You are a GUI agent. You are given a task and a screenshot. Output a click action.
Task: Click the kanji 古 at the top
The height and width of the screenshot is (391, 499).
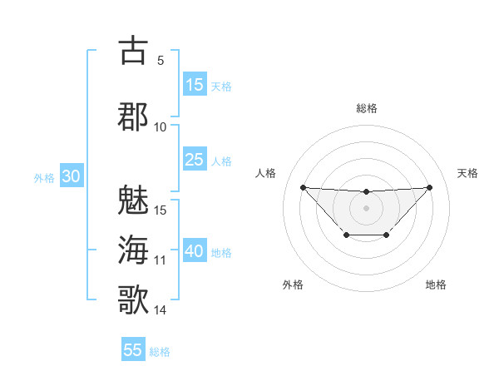click(133, 51)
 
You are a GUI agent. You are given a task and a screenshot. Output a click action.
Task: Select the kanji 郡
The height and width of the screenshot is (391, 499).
click(133, 116)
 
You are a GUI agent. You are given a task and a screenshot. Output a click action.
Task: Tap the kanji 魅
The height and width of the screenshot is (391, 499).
click(133, 200)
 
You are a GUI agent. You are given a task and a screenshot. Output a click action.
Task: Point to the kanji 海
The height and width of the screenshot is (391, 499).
click(133, 250)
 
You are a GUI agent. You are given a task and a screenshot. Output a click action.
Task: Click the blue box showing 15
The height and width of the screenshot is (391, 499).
click(195, 85)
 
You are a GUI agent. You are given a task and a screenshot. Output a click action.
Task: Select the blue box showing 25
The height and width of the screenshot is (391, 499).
click(195, 160)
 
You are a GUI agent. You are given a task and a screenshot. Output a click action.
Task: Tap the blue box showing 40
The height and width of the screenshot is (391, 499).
click(195, 252)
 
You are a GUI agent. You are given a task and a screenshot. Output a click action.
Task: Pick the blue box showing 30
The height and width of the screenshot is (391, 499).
click(72, 177)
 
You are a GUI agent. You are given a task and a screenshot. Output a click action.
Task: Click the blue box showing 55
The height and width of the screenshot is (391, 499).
click(133, 350)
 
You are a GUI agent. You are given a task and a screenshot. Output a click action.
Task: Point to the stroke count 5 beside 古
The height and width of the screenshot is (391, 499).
click(160, 61)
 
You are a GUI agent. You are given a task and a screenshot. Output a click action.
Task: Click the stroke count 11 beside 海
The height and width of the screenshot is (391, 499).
click(161, 260)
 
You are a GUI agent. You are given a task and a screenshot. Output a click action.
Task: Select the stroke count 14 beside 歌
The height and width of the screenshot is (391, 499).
click(161, 310)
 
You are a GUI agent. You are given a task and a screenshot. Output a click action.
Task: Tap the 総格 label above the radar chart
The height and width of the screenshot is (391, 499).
click(366, 108)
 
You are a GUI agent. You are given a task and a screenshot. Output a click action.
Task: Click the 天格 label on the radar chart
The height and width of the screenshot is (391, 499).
click(467, 173)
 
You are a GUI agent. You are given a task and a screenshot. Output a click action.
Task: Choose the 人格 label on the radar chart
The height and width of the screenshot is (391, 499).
click(265, 173)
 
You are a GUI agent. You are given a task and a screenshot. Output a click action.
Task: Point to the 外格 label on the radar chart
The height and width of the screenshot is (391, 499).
click(293, 285)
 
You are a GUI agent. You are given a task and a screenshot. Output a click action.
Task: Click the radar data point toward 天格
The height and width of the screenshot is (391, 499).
click(429, 187)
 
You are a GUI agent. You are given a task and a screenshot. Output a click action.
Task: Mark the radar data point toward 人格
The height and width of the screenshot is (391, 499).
click(303, 187)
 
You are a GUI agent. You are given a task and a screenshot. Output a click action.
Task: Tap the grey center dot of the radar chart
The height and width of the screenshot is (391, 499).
click(366, 207)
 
